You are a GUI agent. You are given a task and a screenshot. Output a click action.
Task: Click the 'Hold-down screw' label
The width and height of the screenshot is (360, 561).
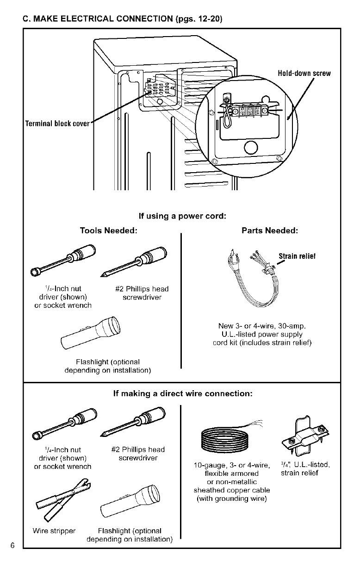(x=304, y=74)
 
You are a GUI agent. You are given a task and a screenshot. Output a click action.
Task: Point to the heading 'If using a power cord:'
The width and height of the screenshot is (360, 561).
(x=182, y=216)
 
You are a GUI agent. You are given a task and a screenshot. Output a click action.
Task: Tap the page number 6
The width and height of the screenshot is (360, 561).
(x=13, y=544)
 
